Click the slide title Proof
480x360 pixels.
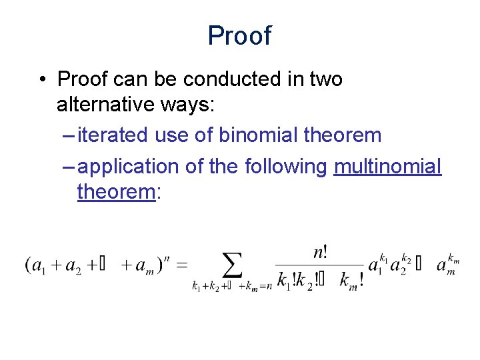(239, 35)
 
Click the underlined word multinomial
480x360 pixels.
(387, 166)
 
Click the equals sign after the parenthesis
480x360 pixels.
(182, 265)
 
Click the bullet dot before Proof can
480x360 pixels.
(41, 80)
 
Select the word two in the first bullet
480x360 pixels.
(325, 79)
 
